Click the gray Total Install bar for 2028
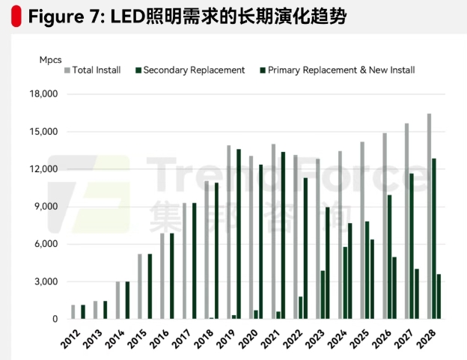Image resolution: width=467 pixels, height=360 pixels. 430,217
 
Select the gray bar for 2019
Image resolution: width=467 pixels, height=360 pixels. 229,232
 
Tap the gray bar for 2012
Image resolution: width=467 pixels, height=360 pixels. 73,311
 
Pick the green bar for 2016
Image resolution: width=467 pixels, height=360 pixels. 171,276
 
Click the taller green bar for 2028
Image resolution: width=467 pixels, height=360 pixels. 433,239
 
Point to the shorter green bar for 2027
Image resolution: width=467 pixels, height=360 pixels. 417,294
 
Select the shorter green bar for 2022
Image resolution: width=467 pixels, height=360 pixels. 301,308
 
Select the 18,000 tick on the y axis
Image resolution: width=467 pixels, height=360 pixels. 43,94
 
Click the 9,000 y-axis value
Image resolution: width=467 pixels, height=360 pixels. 46,207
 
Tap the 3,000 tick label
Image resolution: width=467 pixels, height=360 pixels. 46,281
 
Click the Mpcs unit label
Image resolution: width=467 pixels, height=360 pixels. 51,59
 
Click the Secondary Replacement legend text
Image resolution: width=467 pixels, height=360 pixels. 193,70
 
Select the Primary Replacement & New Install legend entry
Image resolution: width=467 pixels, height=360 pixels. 341,70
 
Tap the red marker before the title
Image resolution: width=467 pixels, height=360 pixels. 16,16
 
